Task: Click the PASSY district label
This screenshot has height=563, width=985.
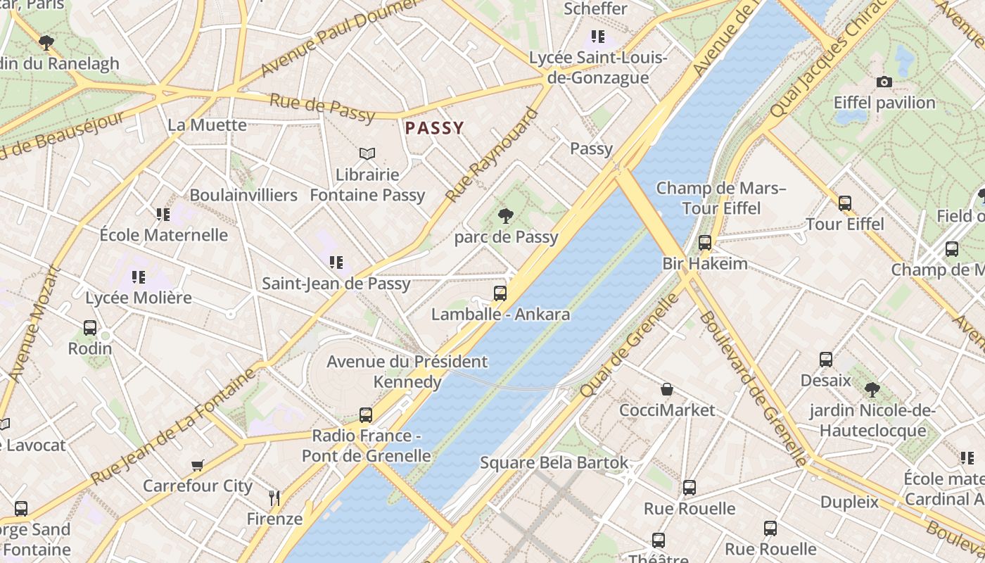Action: tap(434, 128)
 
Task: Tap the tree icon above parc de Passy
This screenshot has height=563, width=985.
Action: tap(505, 216)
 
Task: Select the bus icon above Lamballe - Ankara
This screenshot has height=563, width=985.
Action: tap(500, 293)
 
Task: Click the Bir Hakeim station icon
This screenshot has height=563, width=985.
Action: tap(705, 243)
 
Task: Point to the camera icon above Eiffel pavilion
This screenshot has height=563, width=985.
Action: tap(884, 82)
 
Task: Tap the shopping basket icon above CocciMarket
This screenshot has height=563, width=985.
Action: tap(666, 389)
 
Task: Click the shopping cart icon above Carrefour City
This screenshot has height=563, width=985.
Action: tap(198, 465)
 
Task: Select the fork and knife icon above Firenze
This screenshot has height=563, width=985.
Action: tap(274, 498)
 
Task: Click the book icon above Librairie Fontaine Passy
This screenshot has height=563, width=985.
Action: tap(367, 153)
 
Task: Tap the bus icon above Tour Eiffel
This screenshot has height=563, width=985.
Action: tap(844, 203)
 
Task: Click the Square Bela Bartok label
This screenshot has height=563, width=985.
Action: tap(554, 462)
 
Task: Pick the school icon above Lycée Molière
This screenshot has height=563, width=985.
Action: tap(139, 277)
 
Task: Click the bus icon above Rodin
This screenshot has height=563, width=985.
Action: tap(90, 328)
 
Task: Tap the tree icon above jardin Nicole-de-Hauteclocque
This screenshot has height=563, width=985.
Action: tap(872, 389)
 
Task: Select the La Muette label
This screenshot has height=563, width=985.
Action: tap(207, 125)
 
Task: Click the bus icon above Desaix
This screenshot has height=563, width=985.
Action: tap(826, 360)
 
